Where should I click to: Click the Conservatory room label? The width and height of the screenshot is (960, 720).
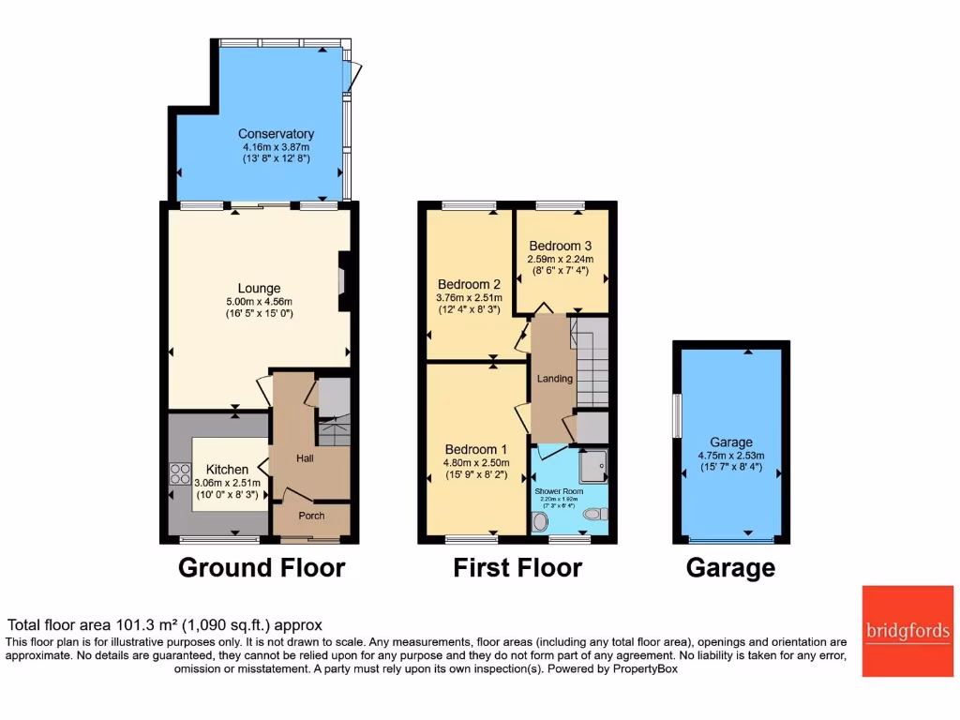pyautogui.click(x=276, y=134)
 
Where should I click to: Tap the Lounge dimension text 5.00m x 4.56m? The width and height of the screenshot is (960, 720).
pyautogui.click(x=260, y=302)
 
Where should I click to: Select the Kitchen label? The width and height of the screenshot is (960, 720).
pyautogui.click(x=228, y=470)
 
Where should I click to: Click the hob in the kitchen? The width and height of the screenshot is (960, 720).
pyautogui.click(x=179, y=475)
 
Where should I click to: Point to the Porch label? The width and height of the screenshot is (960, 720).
pyautogui.click(x=311, y=516)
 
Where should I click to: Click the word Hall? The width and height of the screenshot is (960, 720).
pyautogui.click(x=306, y=457)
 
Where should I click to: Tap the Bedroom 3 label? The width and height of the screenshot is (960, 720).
pyautogui.click(x=560, y=247)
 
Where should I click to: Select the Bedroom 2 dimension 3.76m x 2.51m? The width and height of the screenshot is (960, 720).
pyautogui.click(x=470, y=299)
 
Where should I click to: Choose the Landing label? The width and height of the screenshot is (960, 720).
pyautogui.click(x=555, y=379)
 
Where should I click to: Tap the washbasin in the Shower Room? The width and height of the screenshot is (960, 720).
pyautogui.click(x=542, y=521)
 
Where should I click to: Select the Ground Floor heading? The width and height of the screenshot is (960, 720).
pyautogui.click(x=261, y=568)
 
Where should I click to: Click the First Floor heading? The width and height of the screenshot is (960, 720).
pyautogui.click(x=517, y=568)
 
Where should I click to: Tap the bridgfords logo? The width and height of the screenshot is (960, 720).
pyautogui.click(x=907, y=631)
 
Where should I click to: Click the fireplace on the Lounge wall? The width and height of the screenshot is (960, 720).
pyautogui.click(x=343, y=281)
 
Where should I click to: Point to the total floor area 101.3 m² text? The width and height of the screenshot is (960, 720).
pyautogui.click(x=165, y=625)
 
